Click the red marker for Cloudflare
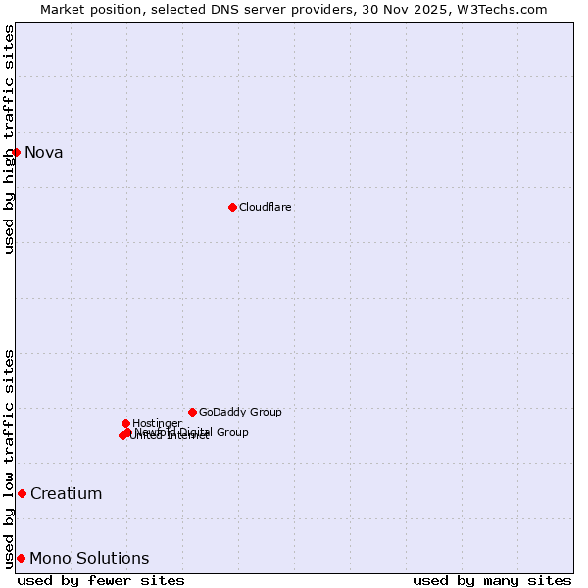[x=232, y=207]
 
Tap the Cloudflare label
[x=266, y=208]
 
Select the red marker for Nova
[x=16, y=152]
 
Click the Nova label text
[x=44, y=152]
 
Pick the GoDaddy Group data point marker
[x=192, y=412]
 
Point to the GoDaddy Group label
[x=240, y=413]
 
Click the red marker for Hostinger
[x=125, y=423]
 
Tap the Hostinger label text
[x=157, y=424]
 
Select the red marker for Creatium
[x=22, y=493]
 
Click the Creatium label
[x=67, y=494]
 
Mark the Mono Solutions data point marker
[x=21, y=558]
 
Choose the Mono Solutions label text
[x=89, y=559]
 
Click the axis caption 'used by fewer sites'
[x=101, y=580]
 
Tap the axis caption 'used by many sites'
[x=492, y=580]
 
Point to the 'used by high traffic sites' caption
[x=10, y=139]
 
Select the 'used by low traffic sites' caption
[x=10, y=458]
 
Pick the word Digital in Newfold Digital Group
[x=196, y=432]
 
